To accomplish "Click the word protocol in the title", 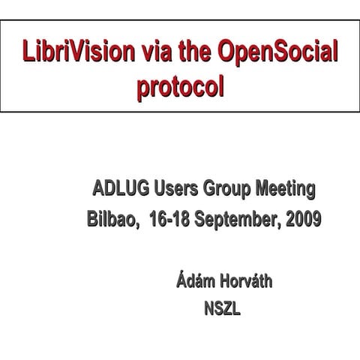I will [x=179, y=86].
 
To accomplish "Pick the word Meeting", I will [x=285, y=187].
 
